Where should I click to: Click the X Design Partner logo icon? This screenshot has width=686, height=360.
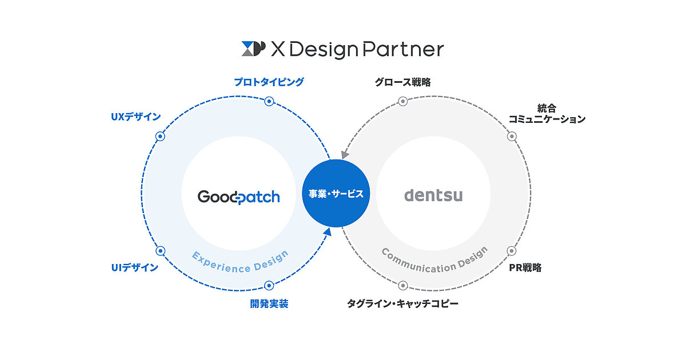254,49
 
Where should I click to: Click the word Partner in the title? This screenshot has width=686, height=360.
404,49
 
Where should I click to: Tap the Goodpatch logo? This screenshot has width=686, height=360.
238,197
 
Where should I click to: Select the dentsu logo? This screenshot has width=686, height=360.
433,195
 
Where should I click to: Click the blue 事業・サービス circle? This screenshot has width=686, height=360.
336,193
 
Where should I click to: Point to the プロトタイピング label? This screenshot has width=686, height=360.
269,82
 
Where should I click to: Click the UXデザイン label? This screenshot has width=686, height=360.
135,117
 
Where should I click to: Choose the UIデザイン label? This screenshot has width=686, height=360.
135,267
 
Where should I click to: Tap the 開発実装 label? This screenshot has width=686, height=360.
269,303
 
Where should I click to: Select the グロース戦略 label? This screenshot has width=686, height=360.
402,82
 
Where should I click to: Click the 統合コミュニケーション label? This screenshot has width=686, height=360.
547,114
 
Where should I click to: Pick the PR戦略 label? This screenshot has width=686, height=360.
525,267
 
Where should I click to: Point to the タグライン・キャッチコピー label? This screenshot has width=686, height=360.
402,303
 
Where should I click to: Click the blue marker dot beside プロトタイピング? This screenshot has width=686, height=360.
269,101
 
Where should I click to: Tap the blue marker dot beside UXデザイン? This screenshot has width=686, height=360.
160,136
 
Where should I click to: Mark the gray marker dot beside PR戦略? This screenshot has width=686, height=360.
512,251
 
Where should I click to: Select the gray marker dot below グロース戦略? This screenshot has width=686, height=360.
402,101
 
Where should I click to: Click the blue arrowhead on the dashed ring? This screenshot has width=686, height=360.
328,231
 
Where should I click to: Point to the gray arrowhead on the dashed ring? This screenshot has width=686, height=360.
345,155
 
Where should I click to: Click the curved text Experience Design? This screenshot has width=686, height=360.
240,264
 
